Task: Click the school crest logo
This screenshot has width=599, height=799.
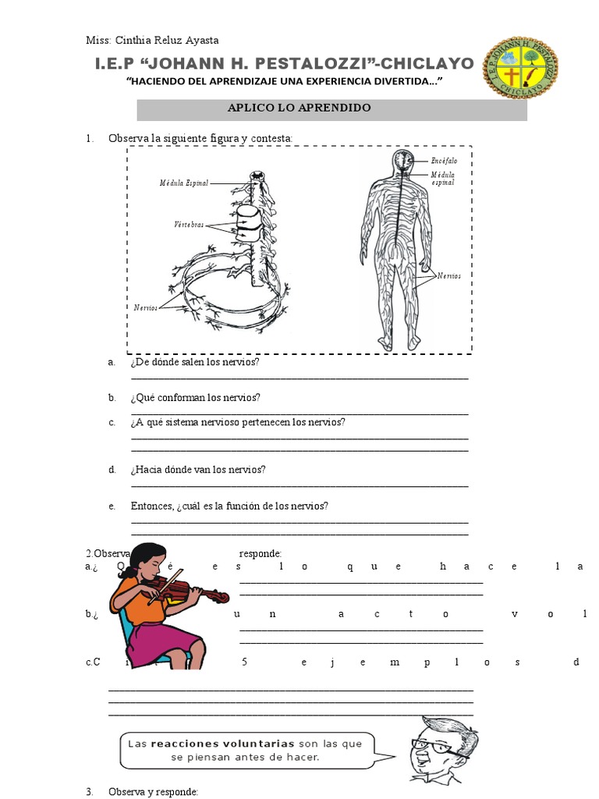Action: click(x=520, y=68)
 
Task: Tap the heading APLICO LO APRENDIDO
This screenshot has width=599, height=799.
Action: click(x=332, y=108)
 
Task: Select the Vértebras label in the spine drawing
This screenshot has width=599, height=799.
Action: click(x=189, y=224)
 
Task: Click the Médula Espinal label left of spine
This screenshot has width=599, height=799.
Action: click(x=184, y=183)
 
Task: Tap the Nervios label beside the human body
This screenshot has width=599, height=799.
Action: click(x=449, y=276)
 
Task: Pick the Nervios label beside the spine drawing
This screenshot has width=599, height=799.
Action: click(x=145, y=307)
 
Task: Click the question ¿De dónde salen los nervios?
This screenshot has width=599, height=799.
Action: click(x=195, y=363)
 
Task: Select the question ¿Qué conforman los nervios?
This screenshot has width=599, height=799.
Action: click(x=196, y=397)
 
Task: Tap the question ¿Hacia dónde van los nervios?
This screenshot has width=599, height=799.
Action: click(x=198, y=470)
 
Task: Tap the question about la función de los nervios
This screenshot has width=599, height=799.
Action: click(x=229, y=506)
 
